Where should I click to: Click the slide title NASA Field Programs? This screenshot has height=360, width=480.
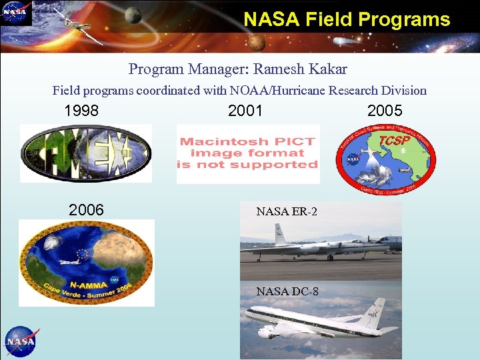point(347,19)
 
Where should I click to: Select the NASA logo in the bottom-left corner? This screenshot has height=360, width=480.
point(22,342)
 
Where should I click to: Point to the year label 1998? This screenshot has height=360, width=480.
point(81,111)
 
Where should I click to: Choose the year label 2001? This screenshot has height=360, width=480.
point(245,111)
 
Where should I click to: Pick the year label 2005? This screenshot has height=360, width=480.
point(385,111)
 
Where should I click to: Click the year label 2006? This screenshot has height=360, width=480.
point(87,210)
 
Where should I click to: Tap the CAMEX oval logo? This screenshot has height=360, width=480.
point(86,153)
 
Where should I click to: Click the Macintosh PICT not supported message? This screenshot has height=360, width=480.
point(248,153)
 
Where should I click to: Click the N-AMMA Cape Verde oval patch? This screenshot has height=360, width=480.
point(86,263)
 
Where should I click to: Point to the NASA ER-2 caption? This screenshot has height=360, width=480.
point(287,212)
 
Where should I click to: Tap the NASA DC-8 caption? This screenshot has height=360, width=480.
point(287,291)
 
